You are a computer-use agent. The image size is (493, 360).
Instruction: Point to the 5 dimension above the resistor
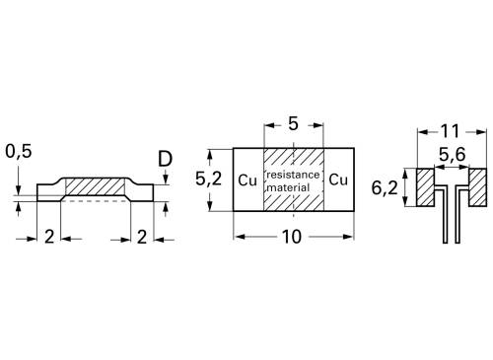293,126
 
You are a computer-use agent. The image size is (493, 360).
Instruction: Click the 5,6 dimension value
454,154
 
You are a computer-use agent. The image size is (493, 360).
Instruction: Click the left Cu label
247,180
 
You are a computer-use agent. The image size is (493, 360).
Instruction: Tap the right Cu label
338,180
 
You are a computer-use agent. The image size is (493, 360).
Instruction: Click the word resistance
293,174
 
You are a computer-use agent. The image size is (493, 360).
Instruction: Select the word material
293,186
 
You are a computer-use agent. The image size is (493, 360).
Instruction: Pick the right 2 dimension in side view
143,238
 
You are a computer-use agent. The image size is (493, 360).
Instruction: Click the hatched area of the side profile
95,185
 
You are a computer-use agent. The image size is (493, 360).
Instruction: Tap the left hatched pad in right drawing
425,188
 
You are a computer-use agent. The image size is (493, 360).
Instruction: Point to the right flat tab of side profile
142,193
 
